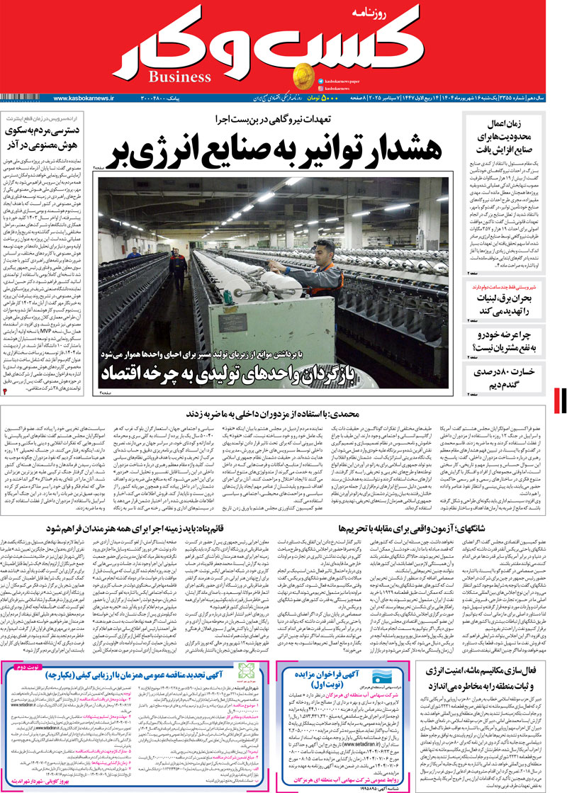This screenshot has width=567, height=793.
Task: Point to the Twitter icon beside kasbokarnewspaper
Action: (x=321, y=81)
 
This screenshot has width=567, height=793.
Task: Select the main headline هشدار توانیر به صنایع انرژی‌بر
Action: (x=276, y=150)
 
